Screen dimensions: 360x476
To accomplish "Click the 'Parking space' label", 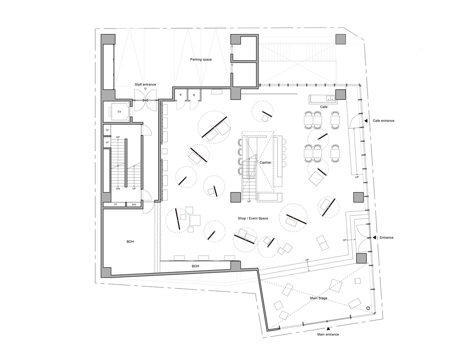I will (x=201, y=59).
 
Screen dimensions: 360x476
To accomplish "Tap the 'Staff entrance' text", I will (x=145, y=84).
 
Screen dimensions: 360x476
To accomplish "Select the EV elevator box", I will (x=119, y=112).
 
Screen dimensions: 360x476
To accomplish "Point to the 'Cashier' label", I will (x=265, y=163).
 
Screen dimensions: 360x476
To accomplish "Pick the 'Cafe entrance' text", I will (x=383, y=121).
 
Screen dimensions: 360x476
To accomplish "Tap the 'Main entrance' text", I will (x=328, y=335).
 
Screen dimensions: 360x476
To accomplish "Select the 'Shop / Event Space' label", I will (x=253, y=218).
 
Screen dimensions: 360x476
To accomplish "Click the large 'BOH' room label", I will (x=130, y=241).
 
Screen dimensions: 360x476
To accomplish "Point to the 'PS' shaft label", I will (x=115, y=205).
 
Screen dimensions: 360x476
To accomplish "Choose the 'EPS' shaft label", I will (x=134, y=205).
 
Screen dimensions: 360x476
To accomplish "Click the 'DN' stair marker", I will (x=118, y=189).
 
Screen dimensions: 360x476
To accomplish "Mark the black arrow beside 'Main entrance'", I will (x=328, y=329).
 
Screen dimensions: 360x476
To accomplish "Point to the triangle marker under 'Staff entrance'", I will (x=145, y=89).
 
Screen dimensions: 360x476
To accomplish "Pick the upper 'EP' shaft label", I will (x=107, y=130).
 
